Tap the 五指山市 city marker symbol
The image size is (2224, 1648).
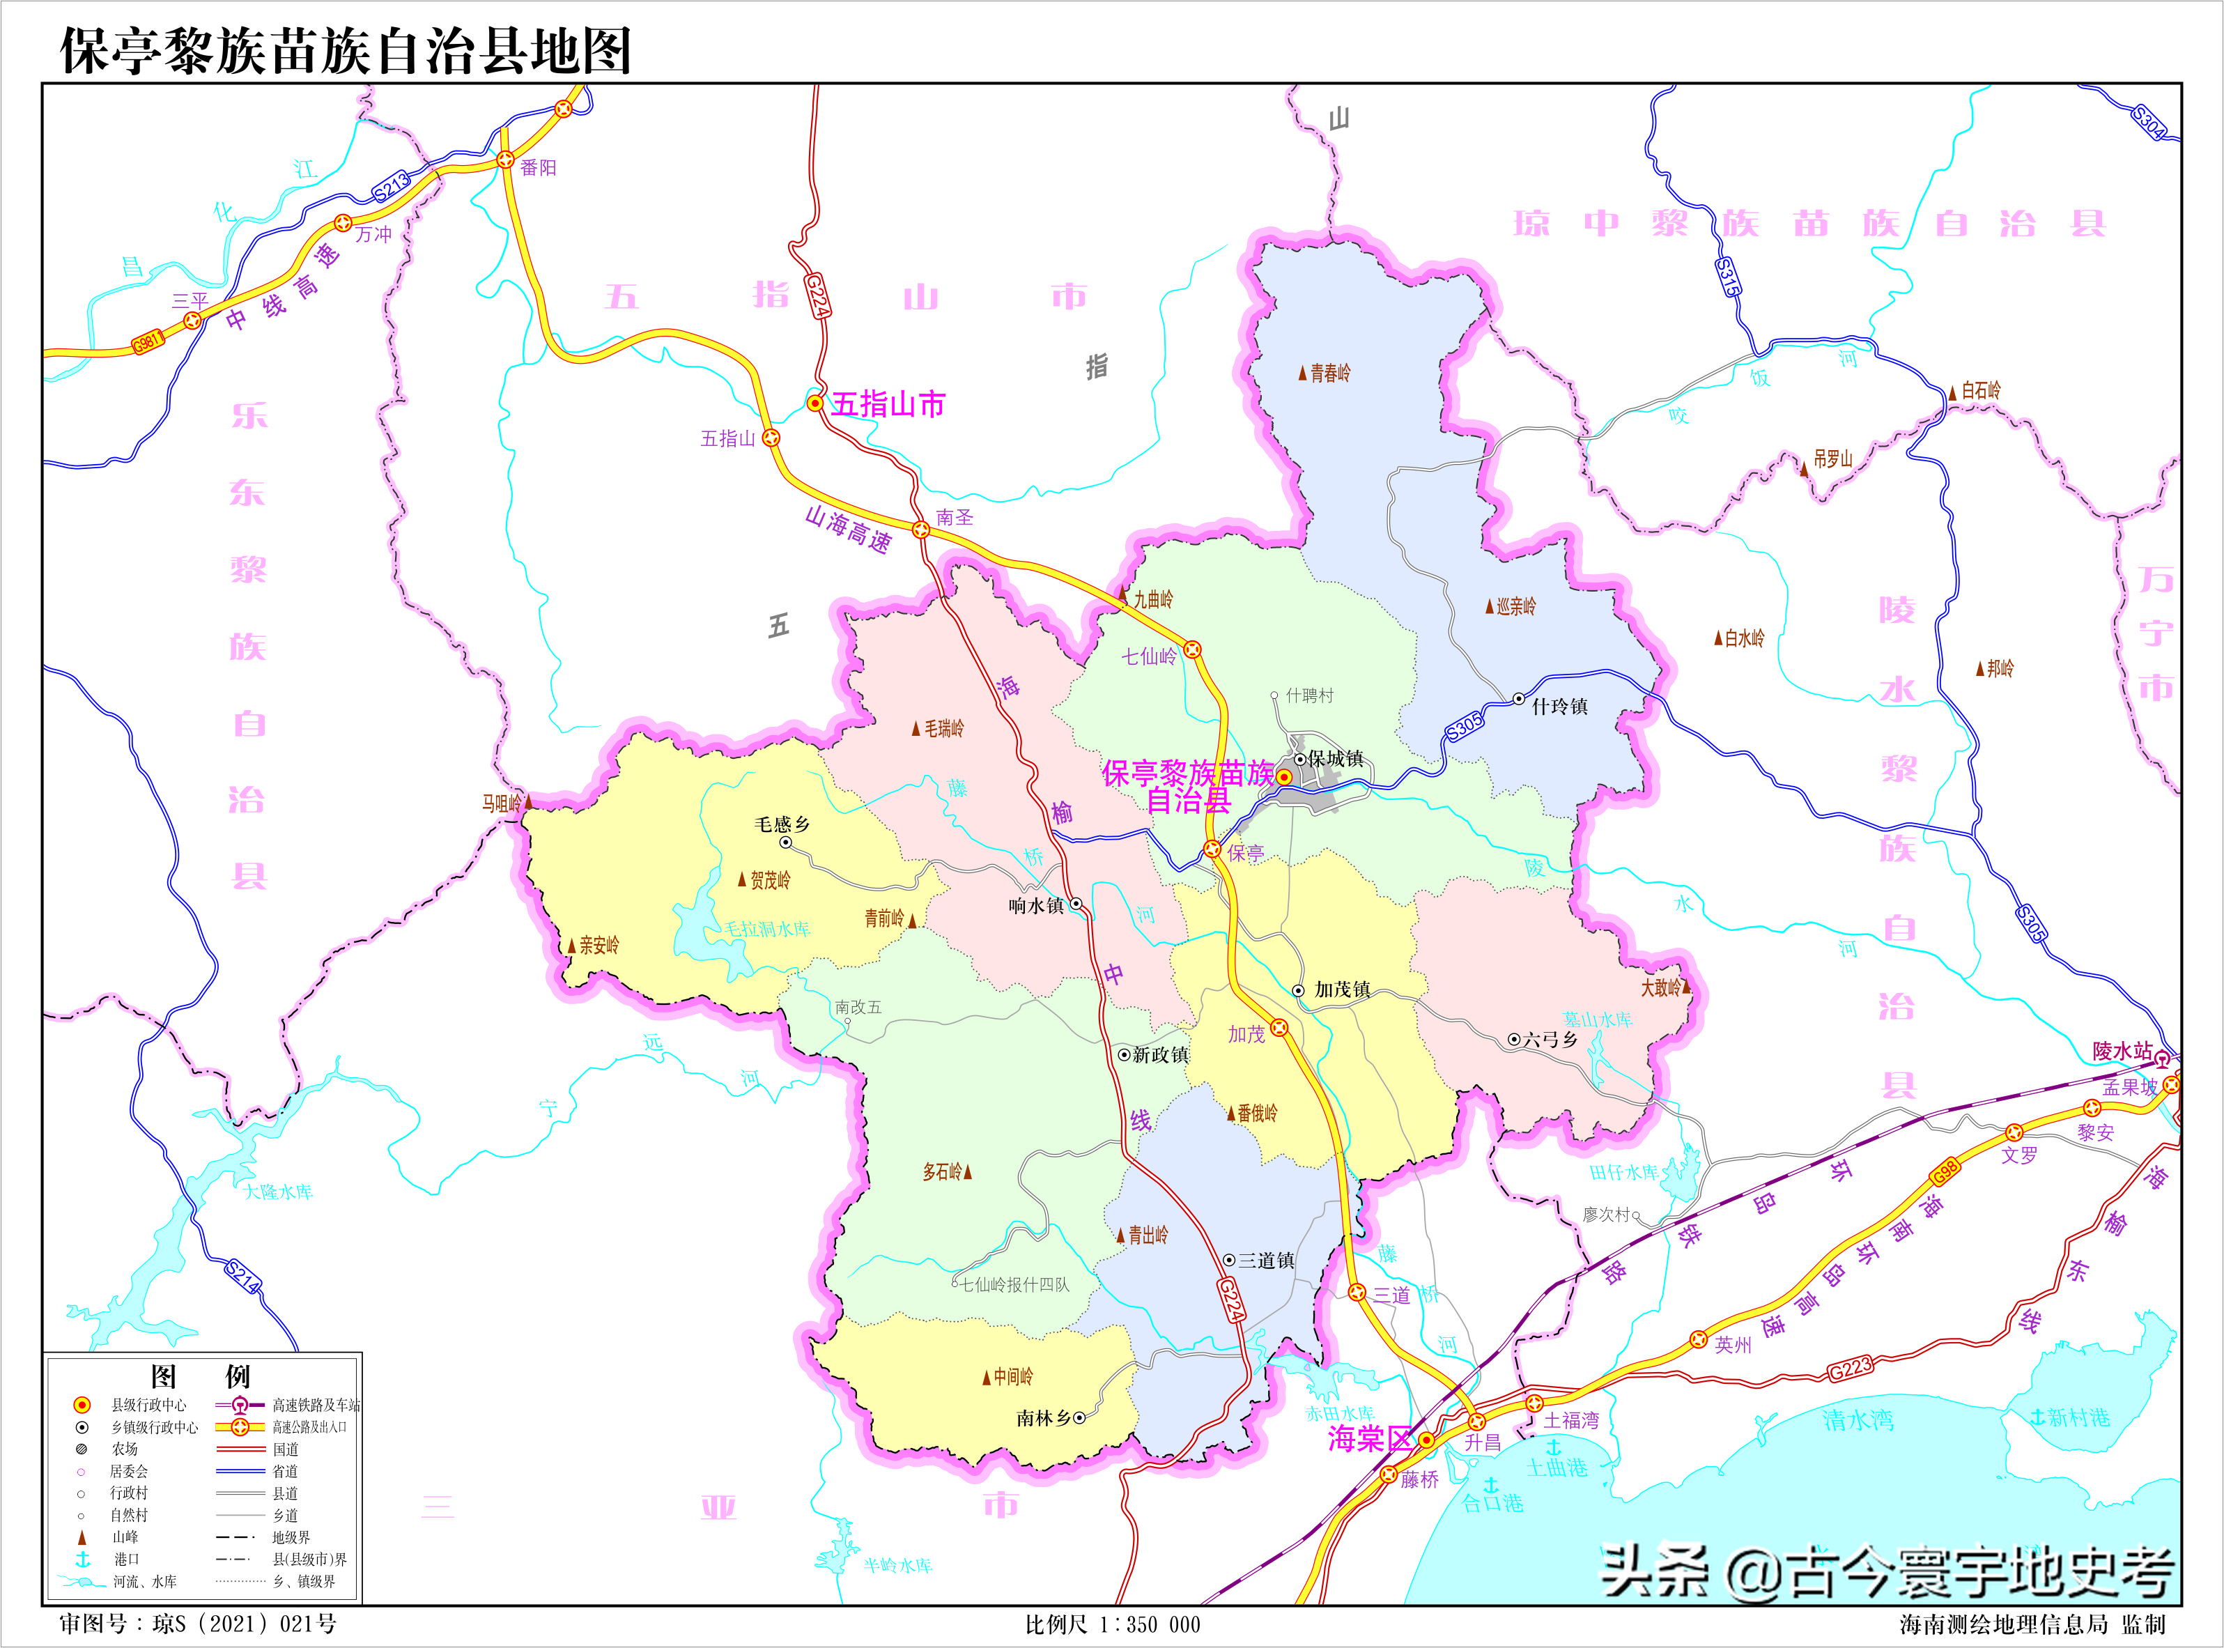pos(814,403)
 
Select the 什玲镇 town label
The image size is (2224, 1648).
pos(1559,707)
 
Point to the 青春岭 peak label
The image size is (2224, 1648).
pos(1329,373)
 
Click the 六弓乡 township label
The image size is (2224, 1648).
pos(1550,1040)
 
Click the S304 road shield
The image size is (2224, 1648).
pos(2149,122)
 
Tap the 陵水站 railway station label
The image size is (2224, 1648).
pos(2122,1050)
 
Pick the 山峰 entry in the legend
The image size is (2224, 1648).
pos(125,1537)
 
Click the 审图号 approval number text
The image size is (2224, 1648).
pos(197,1623)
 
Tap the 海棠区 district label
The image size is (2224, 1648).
pos(1368,1438)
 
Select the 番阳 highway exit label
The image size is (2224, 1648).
pos(539,168)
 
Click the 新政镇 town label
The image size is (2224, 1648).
pos(1160,1054)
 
